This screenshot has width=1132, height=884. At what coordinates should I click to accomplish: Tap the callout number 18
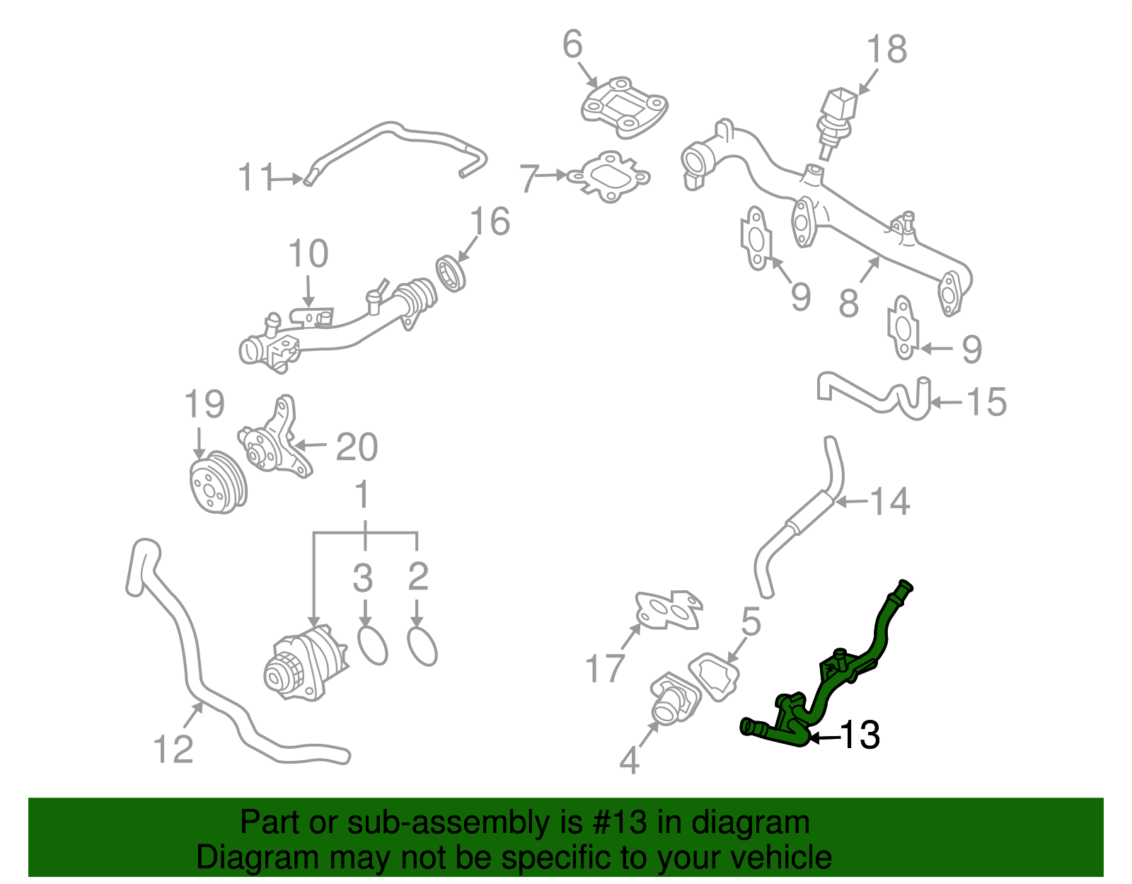click(x=886, y=50)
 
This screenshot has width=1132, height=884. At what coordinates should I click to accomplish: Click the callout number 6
click(x=572, y=45)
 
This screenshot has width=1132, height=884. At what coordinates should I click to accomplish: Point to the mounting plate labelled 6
click(x=623, y=108)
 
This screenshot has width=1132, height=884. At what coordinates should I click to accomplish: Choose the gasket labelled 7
click(x=608, y=177)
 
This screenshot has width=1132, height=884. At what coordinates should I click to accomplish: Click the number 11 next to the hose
click(x=256, y=177)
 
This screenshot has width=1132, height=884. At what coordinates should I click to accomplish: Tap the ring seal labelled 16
click(x=450, y=273)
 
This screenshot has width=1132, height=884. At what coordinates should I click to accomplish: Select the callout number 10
click(x=308, y=253)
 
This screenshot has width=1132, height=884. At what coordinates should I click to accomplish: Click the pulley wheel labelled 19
click(x=218, y=481)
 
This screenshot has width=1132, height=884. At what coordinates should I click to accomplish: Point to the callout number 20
click(x=357, y=447)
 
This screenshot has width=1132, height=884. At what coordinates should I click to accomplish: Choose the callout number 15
click(x=986, y=402)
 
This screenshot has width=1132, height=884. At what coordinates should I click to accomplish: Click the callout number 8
click(x=848, y=303)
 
